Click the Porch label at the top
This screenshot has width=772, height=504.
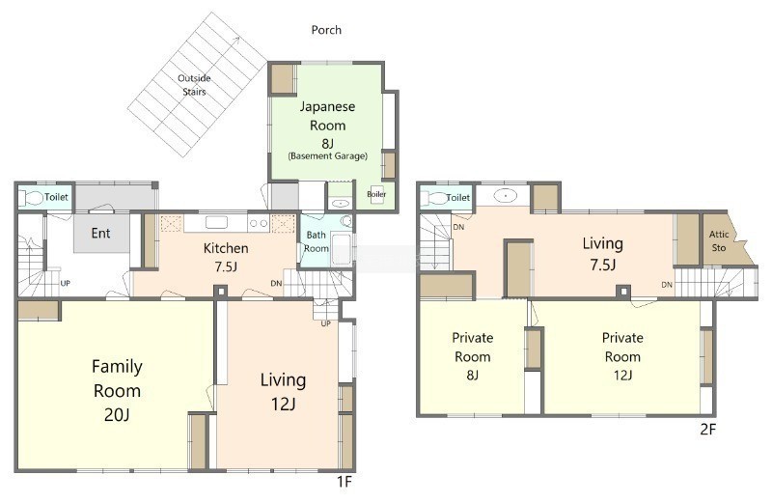pos(326,30)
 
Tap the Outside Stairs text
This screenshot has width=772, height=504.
pos(194,85)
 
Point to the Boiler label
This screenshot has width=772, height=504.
pos(376,194)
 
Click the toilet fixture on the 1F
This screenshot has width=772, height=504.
pos(32,198)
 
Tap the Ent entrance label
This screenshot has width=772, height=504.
pos(101,233)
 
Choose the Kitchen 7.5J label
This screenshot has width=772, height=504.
pos(226,257)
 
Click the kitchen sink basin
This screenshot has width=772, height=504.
pos(216,223)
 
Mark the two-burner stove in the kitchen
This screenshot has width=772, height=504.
pos(258,223)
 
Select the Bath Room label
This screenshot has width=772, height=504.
pos(317,241)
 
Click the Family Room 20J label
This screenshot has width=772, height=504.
pos(117,391)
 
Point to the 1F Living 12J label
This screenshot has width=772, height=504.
pos(283,392)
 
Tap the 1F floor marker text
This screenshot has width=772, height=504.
pos(345,481)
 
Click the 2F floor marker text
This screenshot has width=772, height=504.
pos(707,430)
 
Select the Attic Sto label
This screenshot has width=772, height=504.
pos(719,241)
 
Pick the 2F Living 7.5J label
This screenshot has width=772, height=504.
pos(602,254)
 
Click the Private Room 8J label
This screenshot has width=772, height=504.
pos(473,356)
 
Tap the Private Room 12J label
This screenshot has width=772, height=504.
pos(622,356)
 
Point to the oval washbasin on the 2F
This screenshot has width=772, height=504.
pos(505,196)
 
